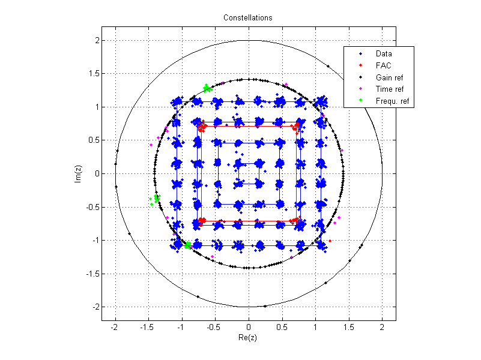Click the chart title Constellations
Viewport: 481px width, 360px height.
pyautogui.click(x=248, y=17)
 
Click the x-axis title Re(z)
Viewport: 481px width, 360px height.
pyautogui.click(x=248, y=339)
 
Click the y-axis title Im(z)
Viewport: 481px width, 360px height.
pyautogui.click(x=78, y=173)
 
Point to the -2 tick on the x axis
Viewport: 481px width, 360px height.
pyautogui.click(x=113, y=328)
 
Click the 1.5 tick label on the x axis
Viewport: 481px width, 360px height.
pyautogui.click(x=348, y=328)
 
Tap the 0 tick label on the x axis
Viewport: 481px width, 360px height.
pyautogui.click(x=248, y=328)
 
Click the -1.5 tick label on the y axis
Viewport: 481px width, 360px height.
pyautogui.click(x=91, y=274)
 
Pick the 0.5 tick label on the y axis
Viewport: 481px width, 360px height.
pyautogui.click(x=93, y=140)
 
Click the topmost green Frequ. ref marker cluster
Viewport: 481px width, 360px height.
pyautogui.click(x=208, y=89)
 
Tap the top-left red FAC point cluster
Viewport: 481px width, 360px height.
pyautogui.click(x=202, y=126)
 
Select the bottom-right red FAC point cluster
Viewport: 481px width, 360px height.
pyautogui.click(x=295, y=221)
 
